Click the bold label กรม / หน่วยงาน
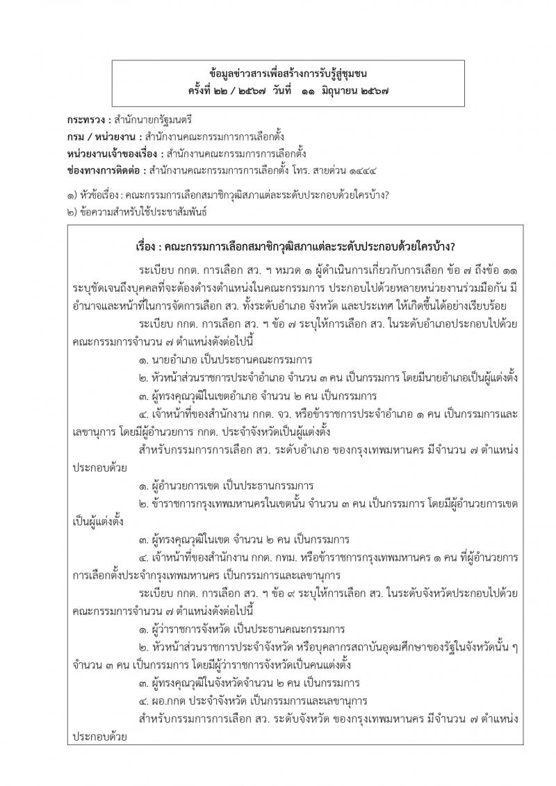coord(102,138)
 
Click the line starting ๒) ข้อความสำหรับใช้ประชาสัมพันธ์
coord(139,213)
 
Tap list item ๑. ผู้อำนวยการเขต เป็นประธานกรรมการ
coord(227,485)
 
